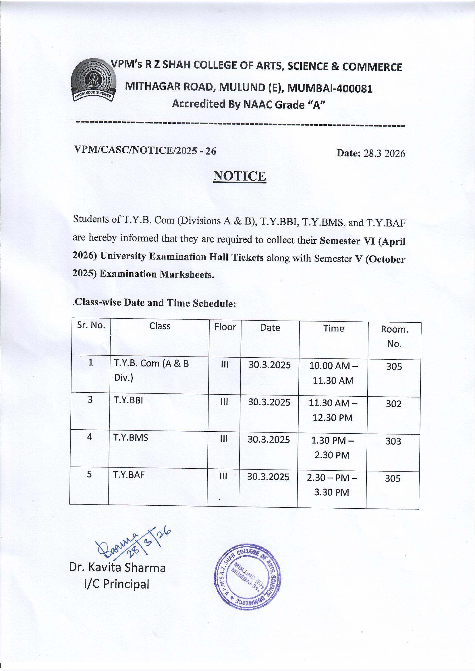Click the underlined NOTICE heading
(x=240, y=176)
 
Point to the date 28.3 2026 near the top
(x=370, y=153)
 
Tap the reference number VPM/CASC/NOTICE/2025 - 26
(x=145, y=151)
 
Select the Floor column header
(x=225, y=327)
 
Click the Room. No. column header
(x=394, y=336)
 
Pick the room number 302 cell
(x=393, y=404)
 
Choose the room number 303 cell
(x=393, y=441)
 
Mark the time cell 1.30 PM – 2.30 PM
(x=332, y=448)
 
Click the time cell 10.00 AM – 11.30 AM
(x=333, y=373)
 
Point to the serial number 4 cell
(x=90, y=437)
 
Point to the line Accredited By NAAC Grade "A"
(x=249, y=104)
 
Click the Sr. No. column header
(x=91, y=325)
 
